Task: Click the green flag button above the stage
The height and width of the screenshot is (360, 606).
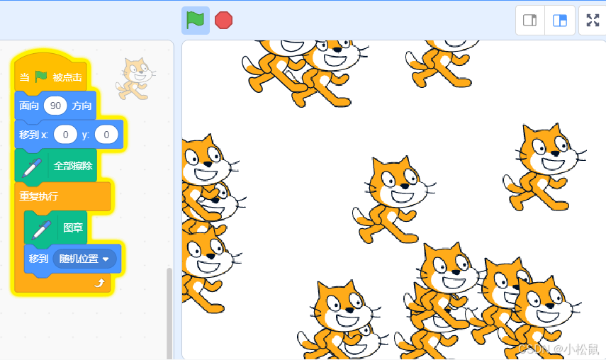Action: click(196, 20)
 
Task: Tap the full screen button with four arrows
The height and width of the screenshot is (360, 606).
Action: click(593, 20)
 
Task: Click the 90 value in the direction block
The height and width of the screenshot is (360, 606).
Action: click(55, 106)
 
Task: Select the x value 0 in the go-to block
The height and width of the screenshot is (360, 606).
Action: click(65, 135)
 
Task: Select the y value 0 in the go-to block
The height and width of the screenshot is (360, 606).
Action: click(106, 135)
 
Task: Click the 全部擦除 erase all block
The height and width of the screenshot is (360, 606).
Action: click(56, 166)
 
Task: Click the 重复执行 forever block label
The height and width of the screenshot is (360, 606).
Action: click(39, 196)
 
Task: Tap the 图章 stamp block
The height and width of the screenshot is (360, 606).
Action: click(56, 227)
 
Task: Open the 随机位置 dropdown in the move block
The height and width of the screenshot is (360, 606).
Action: click(84, 259)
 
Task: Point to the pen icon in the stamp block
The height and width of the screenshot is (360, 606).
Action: click(41, 230)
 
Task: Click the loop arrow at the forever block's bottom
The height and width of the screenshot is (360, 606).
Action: click(99, 283)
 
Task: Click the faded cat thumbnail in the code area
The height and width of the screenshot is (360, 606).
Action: click(135, 79)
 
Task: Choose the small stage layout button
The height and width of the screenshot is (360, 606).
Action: click(530, 20)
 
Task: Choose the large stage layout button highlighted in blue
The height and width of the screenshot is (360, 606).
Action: click(560, 20)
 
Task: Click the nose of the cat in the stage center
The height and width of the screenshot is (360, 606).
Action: click(404, 186)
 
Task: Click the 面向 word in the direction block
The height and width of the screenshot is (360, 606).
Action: click(29, 106)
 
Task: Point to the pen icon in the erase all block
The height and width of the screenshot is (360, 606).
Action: click(32, 168)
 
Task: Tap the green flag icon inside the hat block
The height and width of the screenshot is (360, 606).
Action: click(41, 77)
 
